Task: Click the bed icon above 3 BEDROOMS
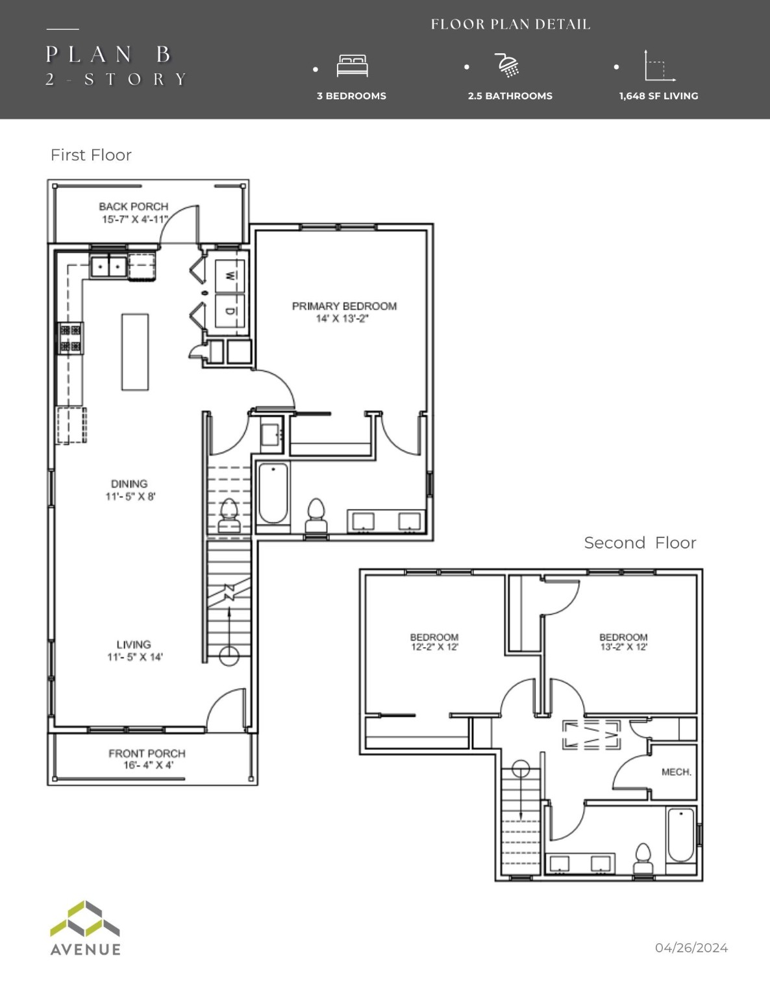[352, 66]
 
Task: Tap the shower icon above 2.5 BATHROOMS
[508, 66]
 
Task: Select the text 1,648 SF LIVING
[658, 96]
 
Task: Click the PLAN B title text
[108, 55]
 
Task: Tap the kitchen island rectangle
[135, 352]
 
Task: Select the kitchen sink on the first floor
[108, 266]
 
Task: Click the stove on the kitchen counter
[71, 338]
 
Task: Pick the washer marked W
[230, 275]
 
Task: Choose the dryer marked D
[230, 310]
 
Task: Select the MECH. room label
[676, 772]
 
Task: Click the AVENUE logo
[85, 928]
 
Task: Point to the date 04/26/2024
[691, 948]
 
